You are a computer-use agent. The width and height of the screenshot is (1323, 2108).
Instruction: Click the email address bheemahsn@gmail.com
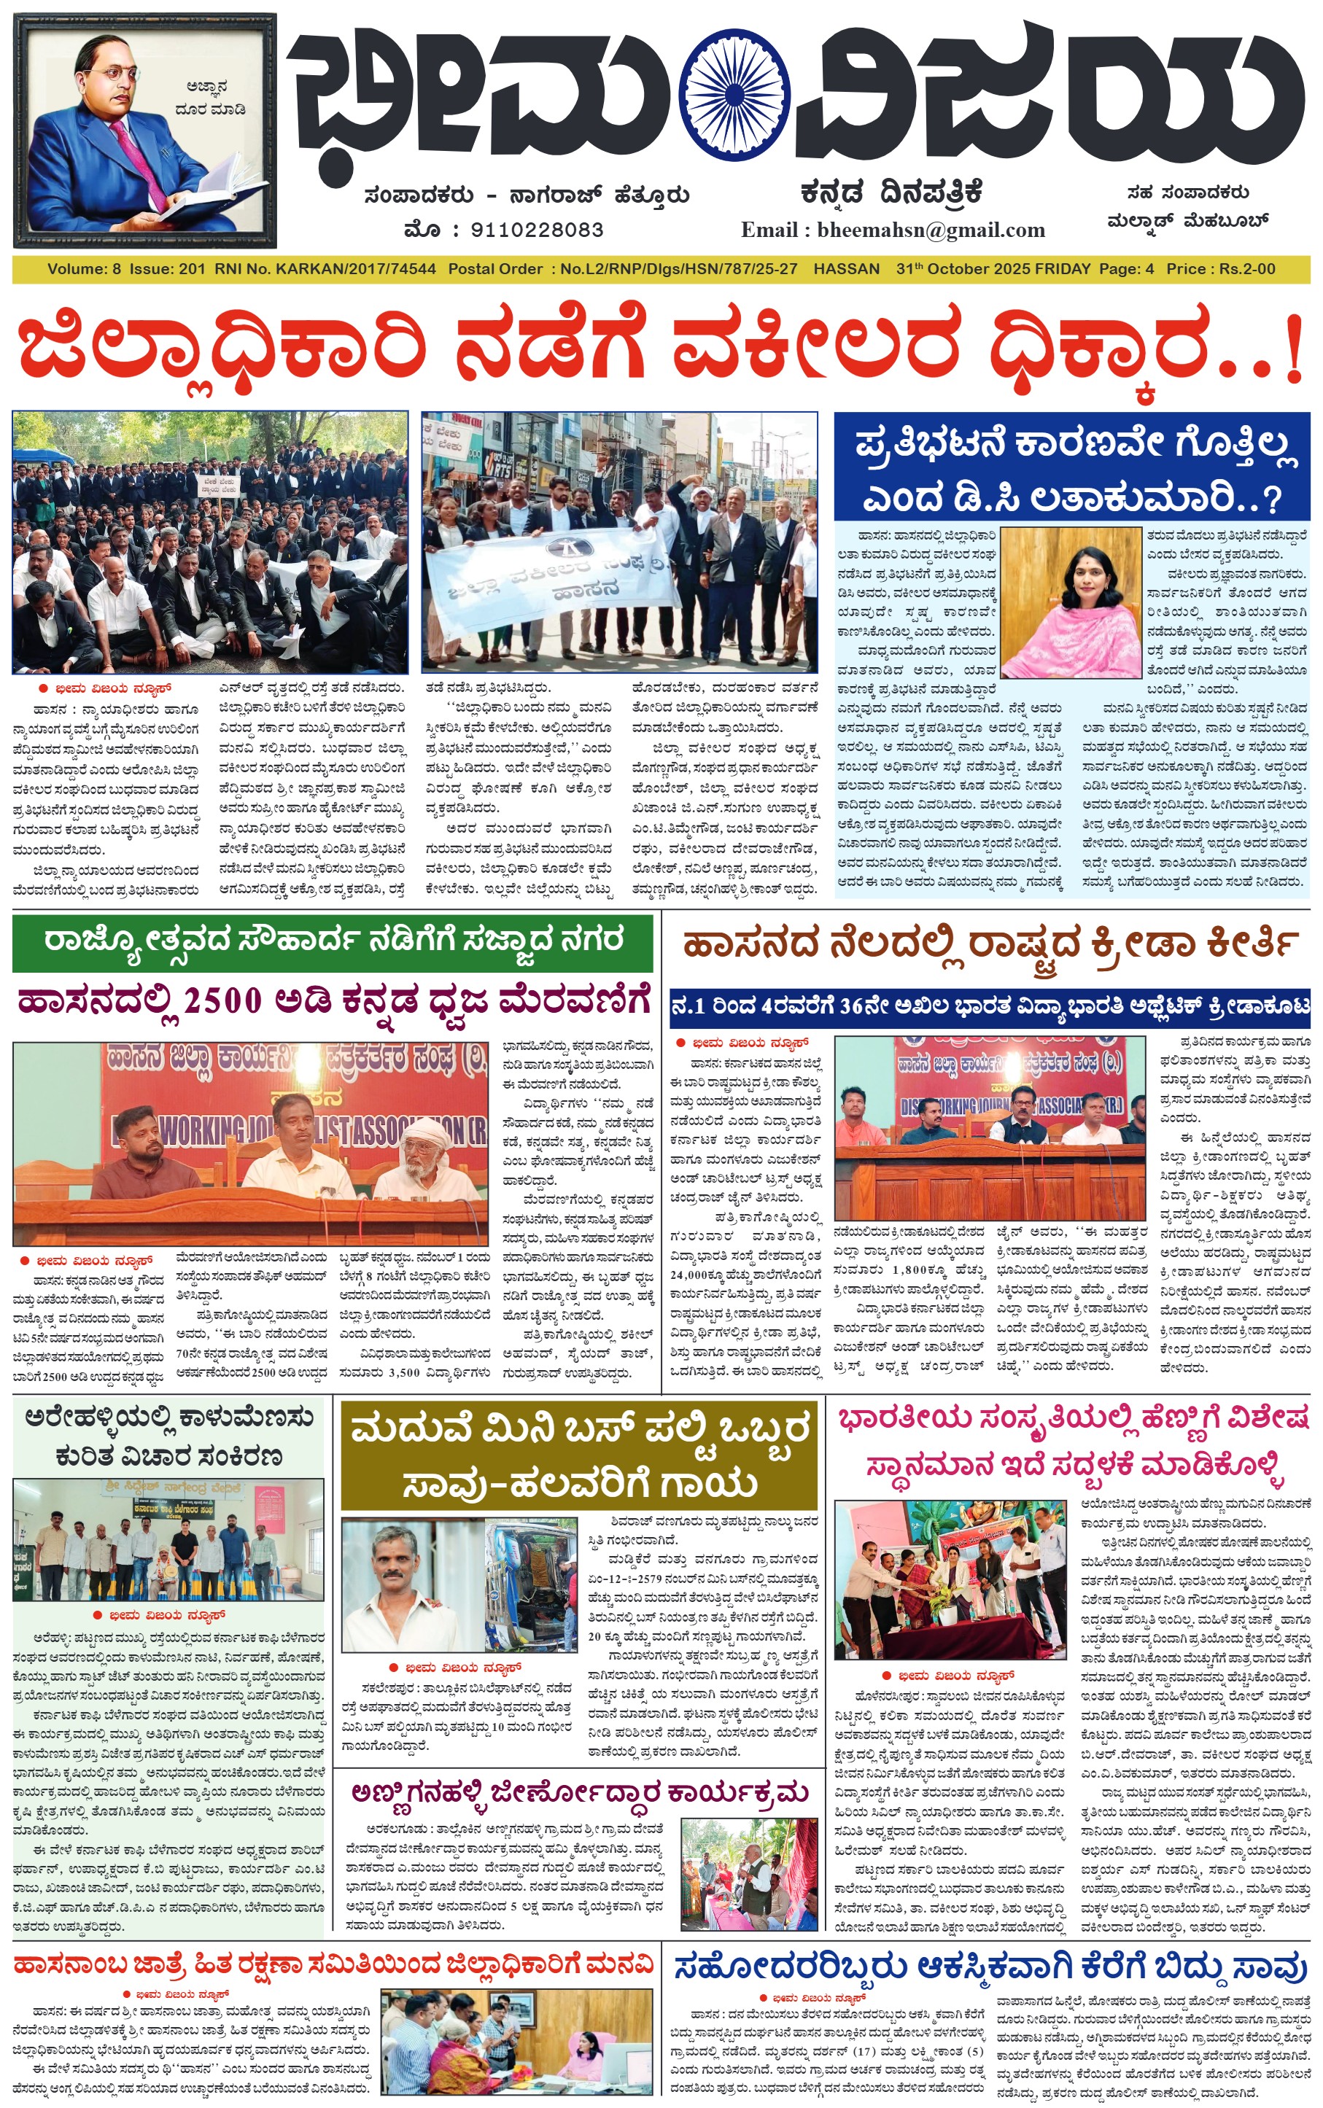tap(931, 230)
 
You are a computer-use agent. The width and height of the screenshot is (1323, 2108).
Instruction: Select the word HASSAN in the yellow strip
tap(846, 269)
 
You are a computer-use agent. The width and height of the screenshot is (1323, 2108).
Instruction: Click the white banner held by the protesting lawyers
tap(560, 578)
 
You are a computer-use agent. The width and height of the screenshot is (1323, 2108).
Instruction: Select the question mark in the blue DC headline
tap(1271, 499)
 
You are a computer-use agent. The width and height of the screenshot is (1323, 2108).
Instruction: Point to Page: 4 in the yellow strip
tap(1126, 269)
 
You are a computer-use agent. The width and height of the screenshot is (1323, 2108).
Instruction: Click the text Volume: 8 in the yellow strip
tap(84, 269)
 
